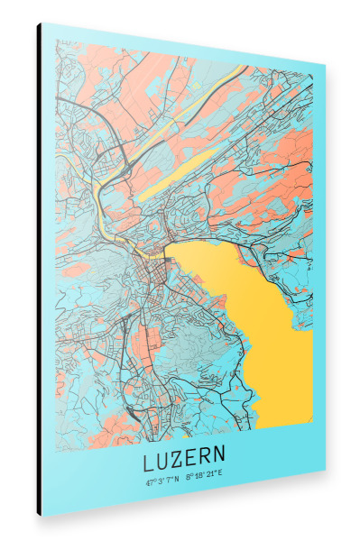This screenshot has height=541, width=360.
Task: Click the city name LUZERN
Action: tap(184, 463)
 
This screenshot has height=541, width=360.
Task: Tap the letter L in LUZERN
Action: tap(148, 462)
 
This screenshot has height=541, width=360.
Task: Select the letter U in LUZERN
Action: tap(162, 462)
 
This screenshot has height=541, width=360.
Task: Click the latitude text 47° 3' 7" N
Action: tap(162, 481)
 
